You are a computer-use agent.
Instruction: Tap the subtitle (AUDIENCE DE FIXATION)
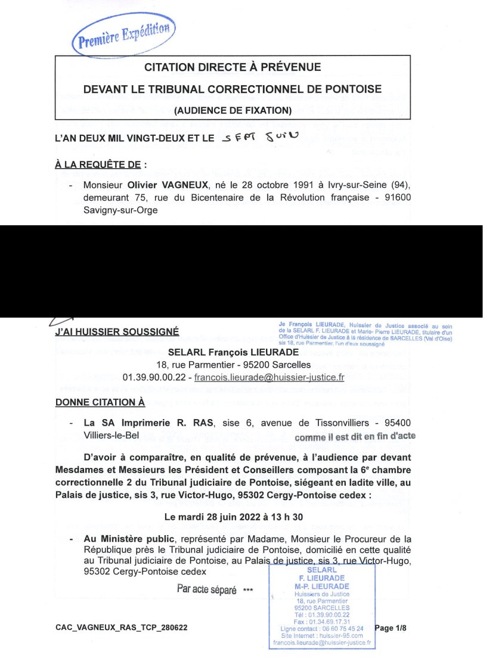233,110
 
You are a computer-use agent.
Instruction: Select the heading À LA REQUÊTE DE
98,165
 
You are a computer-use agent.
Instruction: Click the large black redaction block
241,271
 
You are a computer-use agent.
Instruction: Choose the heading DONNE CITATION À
100,402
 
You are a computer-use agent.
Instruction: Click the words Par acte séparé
207,589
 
